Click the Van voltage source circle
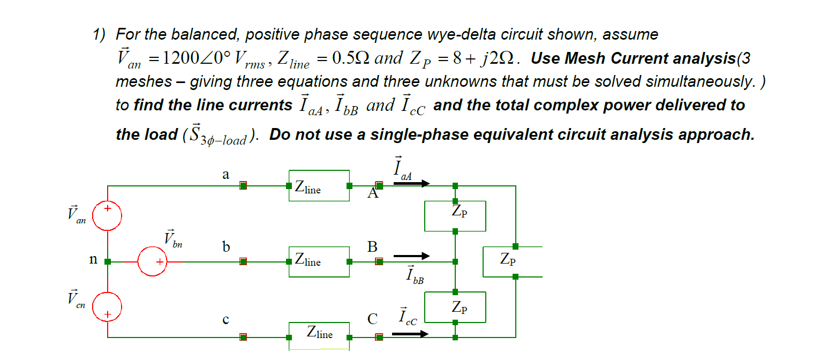pyautogui.click(x=108, y=216)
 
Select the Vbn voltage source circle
pyautogui.click(x=153, y=262)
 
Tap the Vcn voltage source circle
pyautogui.click(x=108, y=307)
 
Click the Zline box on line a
pyautogui.click(x=319, y=186)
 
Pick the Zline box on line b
pyautogui.click(x=319, y=261)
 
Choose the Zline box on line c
pyautogui.click(x=319, y=336)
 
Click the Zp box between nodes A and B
pyautogui.click(x=455, y=216)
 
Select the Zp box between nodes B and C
pyautogui.click(x=455, y=307)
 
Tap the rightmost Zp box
pyautogui.click(x=513, y=261)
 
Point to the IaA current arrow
pyautogui.click(x=411, y=184)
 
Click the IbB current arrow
pyautogui.click(x=411, y=256)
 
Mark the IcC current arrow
pyautogui.click(x=410, y=334)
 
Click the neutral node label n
pyautogui.click(x=93, y=260)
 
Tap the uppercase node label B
pyautogui.click(x=372, y=247)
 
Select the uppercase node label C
pyautogui.click(x=372, y=320)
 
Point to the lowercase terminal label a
pyautogui.click(x=225, y=175)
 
